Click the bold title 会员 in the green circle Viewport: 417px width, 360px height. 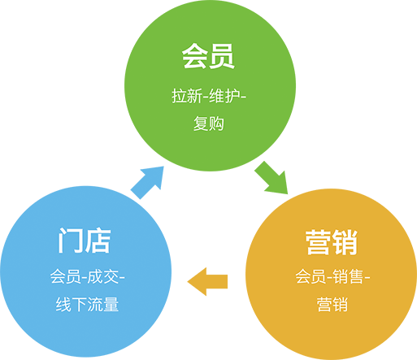[x=208, y=58]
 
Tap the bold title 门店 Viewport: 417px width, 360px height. [x=85, y=241]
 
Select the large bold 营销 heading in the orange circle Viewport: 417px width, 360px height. [x=332, y=242]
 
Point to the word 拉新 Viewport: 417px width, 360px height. [x=185, y=95]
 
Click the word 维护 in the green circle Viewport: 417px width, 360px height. [x=225, y=95]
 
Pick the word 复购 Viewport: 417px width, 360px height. [x=208, y=125]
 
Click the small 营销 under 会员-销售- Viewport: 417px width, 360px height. [x=332, y=306]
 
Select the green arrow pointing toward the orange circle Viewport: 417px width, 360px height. [x=271, y=177]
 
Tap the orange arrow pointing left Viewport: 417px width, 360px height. [x=208, y=282]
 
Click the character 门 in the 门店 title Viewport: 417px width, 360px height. [x=70, y=241]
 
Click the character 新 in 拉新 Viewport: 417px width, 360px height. [x=193, y=95]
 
